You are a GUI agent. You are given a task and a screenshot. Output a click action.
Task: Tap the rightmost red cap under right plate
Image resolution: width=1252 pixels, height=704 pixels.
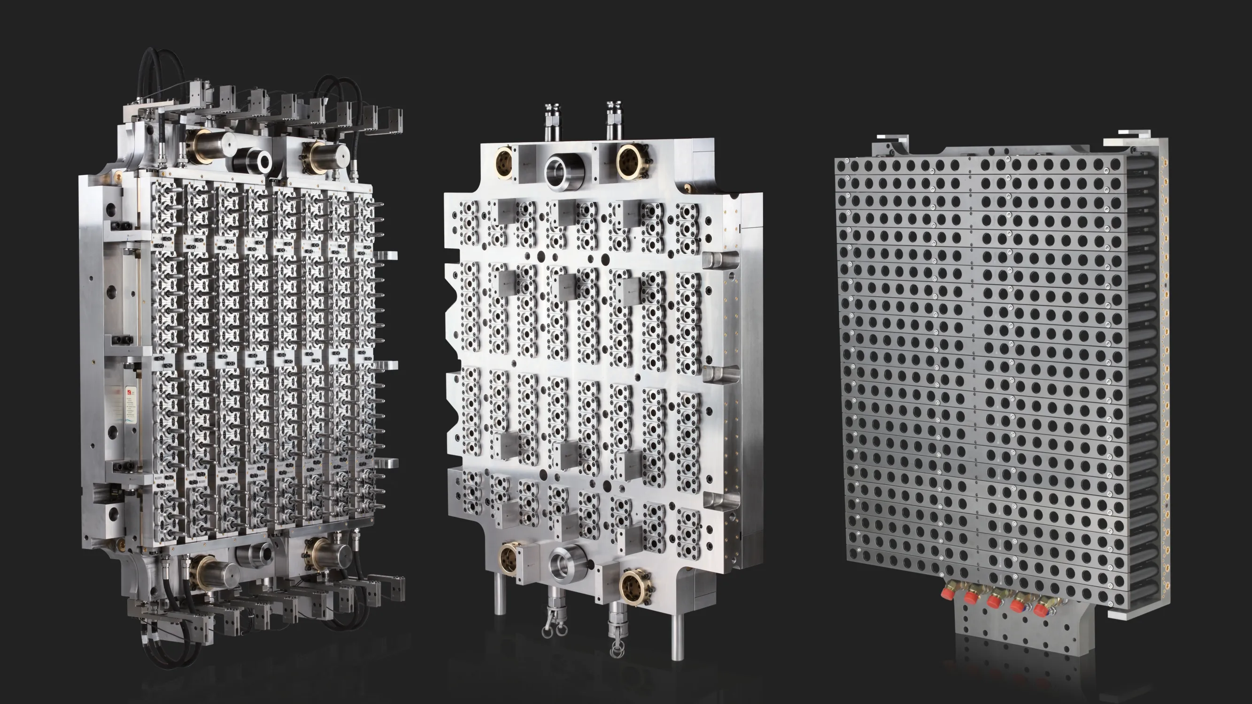click(1041, 610)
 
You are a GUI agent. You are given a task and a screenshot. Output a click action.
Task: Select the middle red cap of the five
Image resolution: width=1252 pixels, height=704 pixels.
click(993, 602)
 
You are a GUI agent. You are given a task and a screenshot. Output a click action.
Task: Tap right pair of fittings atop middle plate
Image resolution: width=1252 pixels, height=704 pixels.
click(613, 120)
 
